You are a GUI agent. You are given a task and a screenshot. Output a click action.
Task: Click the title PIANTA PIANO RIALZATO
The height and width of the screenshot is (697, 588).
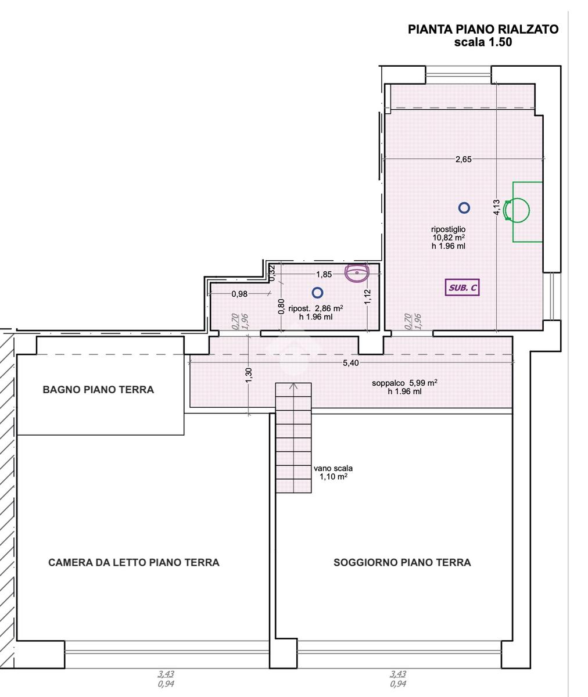click(x=483, y=30)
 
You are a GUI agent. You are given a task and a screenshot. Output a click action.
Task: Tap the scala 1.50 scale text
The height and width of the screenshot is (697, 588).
click(x=483, y=42)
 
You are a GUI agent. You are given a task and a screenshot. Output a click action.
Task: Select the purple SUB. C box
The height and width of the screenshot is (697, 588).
click(x=462, y=288)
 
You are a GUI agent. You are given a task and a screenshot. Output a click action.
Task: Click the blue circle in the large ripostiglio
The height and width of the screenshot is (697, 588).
click(x=464, y=208)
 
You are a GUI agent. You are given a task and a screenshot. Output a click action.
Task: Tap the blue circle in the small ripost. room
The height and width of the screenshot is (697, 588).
click(x=318, y=293)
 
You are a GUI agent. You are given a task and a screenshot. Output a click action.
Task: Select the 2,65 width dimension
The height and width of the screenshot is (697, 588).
click(x=464, y=159)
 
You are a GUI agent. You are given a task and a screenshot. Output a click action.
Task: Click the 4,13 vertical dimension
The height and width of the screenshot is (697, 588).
click(x=497, y=207)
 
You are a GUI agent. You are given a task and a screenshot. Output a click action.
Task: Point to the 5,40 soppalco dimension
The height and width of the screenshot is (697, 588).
click(x=351, y=363)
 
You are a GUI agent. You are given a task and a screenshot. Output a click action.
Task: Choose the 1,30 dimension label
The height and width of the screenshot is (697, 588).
click(x=249, y=376)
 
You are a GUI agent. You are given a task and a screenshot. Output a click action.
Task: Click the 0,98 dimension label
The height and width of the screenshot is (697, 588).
click(x=239, y=294)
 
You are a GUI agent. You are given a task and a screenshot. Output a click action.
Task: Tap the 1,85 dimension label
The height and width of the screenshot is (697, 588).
click(x=324, y=274)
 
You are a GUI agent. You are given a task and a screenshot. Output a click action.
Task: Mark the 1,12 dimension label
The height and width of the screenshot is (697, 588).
click(x=367, y=297)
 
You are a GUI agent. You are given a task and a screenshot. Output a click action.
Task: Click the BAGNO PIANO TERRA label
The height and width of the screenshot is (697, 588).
click(x=98, y=390)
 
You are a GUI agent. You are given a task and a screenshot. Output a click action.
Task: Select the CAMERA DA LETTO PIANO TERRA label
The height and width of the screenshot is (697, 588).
click(x=134, y=562)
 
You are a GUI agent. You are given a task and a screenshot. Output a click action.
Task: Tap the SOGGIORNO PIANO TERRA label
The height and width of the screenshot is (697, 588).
click(x=402, y=562)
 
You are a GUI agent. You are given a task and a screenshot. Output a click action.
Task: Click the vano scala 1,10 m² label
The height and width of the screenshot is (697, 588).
click(x=334, y=472)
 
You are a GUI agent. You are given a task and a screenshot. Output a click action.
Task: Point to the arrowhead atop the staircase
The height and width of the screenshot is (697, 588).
click(x=293, y=386)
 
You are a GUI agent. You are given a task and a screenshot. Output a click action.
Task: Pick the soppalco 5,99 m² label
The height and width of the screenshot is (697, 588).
click(x=405, y=387)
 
